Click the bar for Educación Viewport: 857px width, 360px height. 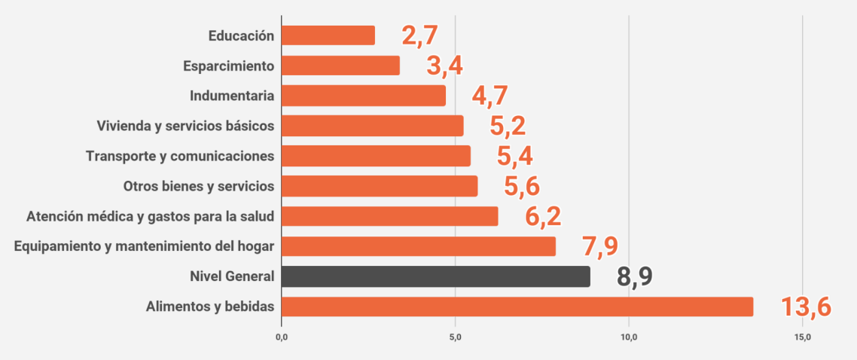tap(328, 35)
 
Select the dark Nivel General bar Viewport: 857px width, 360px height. tap(435, 276)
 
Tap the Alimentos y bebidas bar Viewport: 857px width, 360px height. tap(517, 307)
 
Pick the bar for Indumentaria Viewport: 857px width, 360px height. tap(363, 96)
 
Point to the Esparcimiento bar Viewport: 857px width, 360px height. tap(340, 66)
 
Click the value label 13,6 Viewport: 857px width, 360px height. tap(805, 307)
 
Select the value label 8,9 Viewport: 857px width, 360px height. tap(634, 277)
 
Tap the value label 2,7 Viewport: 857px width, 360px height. tap(419, 35)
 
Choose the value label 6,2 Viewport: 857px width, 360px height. tap(543, 217)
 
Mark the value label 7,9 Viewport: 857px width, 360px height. tap(600, 247)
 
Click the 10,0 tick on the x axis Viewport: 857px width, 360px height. tap(629, 336)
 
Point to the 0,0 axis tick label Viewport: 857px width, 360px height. tap(282, 336)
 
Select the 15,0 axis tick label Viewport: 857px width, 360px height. tap(802, 336)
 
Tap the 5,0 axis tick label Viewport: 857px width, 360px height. tap(455, 336)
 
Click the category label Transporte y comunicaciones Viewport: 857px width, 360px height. tap(179, 156)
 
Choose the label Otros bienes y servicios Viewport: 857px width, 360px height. tap(198, 186)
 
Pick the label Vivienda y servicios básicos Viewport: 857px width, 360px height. tap(185, 126)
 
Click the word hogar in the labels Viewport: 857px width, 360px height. tap(256, 247)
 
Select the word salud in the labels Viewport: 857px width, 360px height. tap(257, 217)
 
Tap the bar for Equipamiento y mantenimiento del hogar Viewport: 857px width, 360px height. tap(418, 246)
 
